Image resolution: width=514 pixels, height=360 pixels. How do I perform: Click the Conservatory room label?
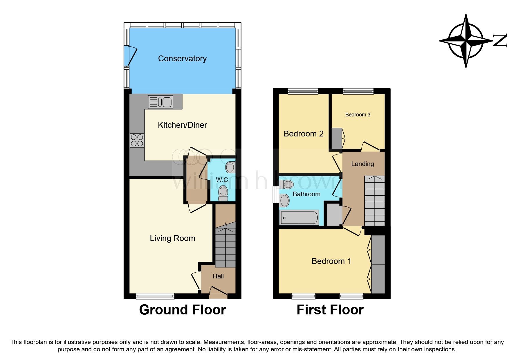coord(182,59)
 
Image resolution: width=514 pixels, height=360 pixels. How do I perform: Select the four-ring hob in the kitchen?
coord(137,140)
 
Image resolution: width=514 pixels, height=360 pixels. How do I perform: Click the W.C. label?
coord(223,180)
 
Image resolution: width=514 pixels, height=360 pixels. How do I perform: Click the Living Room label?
coord(172,238)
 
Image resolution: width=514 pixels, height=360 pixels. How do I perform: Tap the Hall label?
coord(218,276)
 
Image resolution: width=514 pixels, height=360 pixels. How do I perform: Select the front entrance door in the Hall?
coord(218,292)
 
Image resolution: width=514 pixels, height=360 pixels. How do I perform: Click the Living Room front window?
coord(155,296)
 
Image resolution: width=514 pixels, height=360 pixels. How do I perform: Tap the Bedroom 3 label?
coord(358,115)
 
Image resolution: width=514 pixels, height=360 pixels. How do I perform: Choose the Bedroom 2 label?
coord(303,134)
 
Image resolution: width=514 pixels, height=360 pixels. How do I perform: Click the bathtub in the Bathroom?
coord(299,218)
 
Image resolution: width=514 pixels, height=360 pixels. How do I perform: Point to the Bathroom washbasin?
coord(284,200)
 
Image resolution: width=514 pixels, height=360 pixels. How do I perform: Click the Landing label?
coord(362,164)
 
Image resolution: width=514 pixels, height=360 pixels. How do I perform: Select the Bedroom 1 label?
coord(331,261)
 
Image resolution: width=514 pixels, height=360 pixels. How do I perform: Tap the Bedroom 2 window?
coord(303,91)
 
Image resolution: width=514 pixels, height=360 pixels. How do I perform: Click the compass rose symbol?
coord(466,41)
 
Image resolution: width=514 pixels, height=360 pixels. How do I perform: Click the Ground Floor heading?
coord(182,310)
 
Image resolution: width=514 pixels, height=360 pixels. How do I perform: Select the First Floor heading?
coord(330,310)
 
